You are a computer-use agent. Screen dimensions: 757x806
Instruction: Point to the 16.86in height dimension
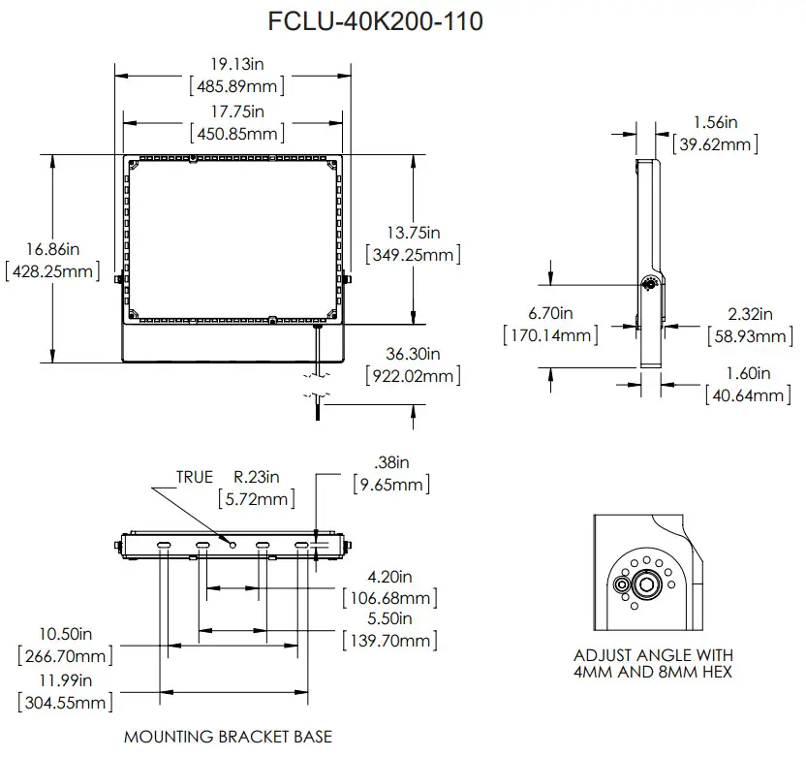[x=51, y=249]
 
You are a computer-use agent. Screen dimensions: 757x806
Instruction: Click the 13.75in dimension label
[x=414, y=233]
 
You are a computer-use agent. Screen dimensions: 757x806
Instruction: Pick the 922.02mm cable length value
[x=413, y=375]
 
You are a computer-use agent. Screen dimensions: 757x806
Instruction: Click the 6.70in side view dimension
[x=550, y=313]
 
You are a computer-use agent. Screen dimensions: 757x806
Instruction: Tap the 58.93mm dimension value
[x=750, y=336]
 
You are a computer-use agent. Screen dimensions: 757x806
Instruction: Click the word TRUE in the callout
[x=194, y=478]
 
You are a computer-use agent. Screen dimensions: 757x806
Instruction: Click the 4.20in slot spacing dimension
[x=390, y=577]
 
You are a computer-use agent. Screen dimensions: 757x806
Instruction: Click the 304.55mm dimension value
[x=65, y=702]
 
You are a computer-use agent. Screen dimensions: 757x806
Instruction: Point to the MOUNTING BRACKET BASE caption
[x=228, y=737]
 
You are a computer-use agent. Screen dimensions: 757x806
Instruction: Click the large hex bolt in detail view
[x=645, y=584]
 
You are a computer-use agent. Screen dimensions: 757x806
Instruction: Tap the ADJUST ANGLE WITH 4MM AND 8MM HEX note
[x=653, y=663]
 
